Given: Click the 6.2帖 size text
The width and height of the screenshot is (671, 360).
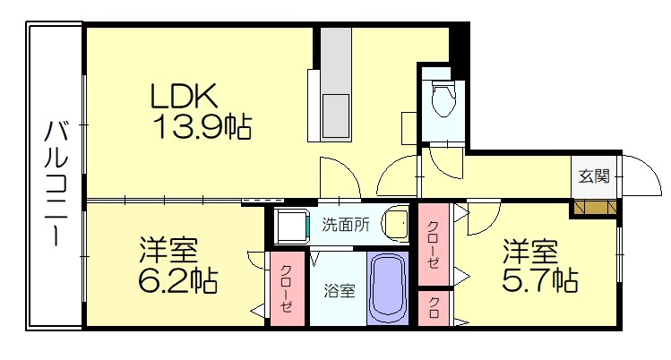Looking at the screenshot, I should (x=177, y=279).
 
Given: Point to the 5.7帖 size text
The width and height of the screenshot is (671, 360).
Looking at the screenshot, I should (x=538, y=279).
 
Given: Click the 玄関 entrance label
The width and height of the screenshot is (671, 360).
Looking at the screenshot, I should (x=594, y=176).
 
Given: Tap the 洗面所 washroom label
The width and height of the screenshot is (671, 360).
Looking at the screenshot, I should (x=345, y=225).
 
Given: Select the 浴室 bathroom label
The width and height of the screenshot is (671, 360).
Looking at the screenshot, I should (x=339, y=290).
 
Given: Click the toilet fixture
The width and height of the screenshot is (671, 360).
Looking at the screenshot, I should (x=442, y=100).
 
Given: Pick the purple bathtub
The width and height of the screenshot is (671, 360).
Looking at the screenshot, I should (x=387, y=288).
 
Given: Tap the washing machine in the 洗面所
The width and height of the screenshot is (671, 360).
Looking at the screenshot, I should (x=292, y=227).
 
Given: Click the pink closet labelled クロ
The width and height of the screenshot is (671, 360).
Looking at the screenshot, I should (x=434, y=307).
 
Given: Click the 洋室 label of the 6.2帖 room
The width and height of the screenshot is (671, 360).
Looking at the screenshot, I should (x=168, y=249).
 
